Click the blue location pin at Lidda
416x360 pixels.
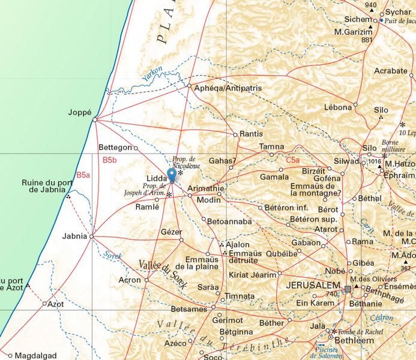[172, 175]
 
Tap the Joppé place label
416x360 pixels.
[80, 112]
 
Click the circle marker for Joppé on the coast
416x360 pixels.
[95, 119]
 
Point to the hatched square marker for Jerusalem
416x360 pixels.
[347, 289]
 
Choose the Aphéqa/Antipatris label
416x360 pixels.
[229, 88]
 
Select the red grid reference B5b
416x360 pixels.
[109, 160]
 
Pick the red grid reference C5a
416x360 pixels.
[292, 160]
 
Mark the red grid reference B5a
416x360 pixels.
[83, 175]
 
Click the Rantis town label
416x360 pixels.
[251, 134]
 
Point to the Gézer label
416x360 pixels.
[171, 232]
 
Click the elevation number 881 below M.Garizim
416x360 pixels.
[367, 40]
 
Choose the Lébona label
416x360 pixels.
[337, 107]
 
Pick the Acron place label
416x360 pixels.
[130, 280]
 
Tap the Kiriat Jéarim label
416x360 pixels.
[252, 274]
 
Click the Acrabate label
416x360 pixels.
[391, 71]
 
